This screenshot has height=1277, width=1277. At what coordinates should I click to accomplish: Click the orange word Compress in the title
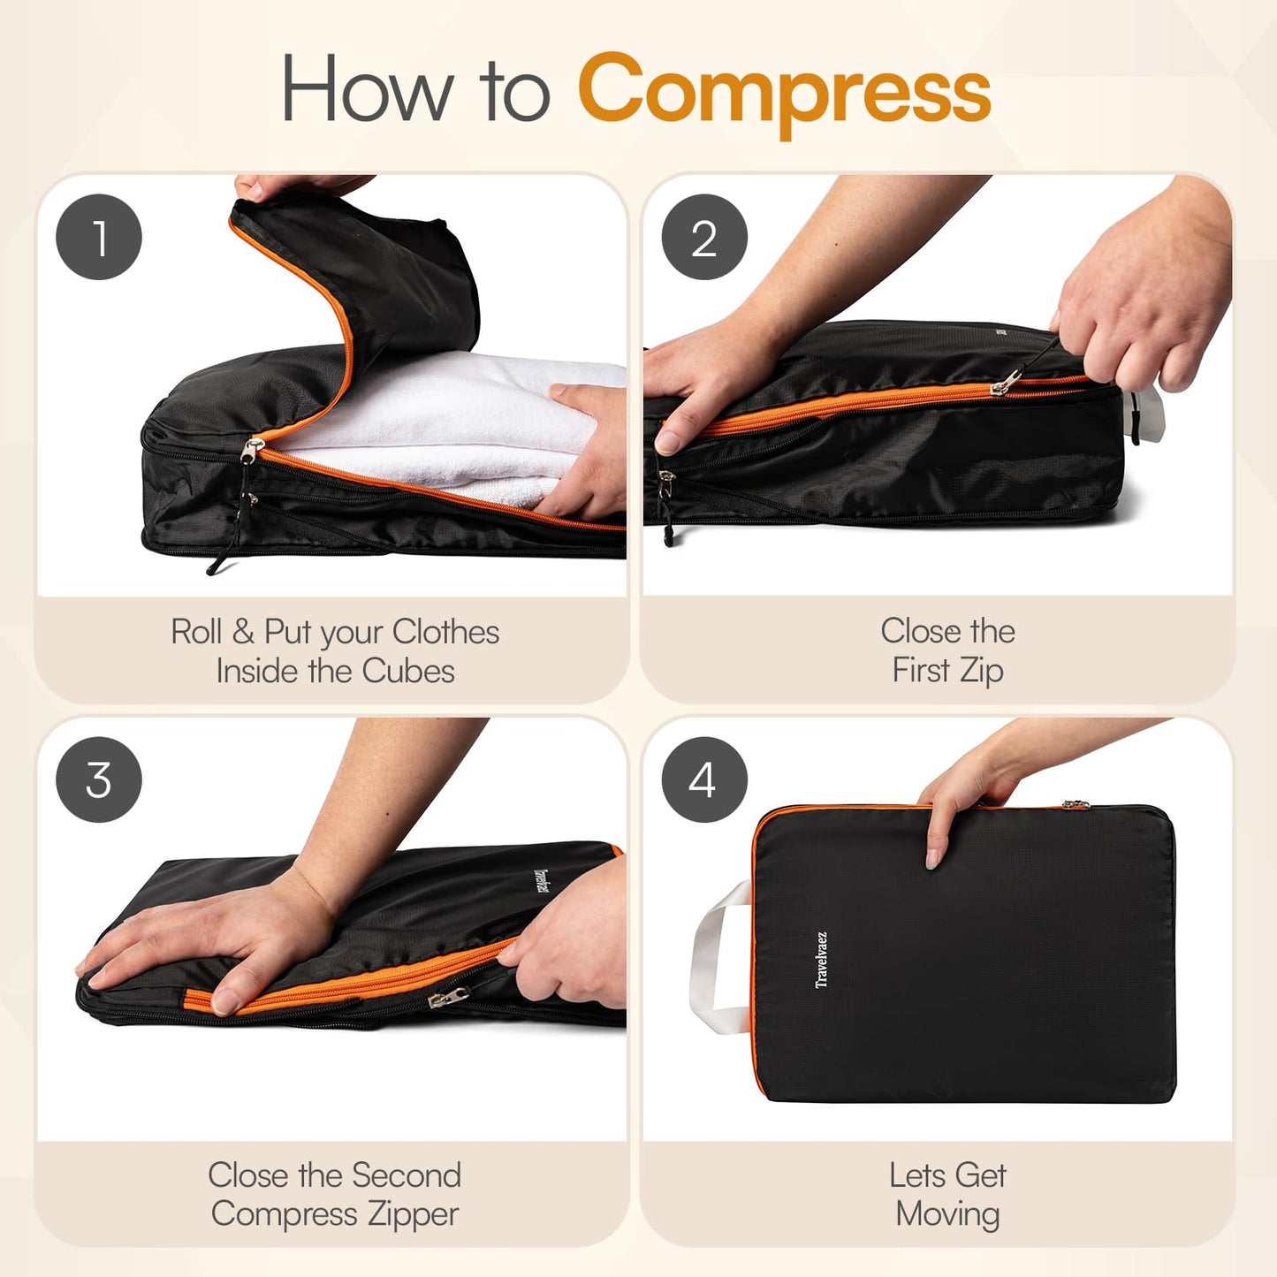(x=784, y=92)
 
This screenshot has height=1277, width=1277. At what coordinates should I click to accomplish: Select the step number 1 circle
(x=99, y=237)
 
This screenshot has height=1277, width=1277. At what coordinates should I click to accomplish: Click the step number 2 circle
(x=704, y=237)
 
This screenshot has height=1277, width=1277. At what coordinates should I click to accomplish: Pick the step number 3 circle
(x=99, y=779)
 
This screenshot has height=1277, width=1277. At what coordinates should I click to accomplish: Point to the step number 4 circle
(x=704, y=779)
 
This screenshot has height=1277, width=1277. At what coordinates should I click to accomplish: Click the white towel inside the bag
(x=442, y=415)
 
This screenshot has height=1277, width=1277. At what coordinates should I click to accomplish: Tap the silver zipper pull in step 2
(x=1005, y=383)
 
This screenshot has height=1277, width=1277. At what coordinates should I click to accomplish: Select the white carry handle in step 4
(x=711, y=959)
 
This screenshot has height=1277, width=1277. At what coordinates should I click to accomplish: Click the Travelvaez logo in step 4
(x=821, y=959)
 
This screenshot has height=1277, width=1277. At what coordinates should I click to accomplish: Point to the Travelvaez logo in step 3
(x=541, y=882)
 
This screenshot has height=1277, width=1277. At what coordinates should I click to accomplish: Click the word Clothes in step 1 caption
(x=445, y=632)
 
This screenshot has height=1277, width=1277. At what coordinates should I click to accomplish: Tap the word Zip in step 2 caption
(x=981, y=671)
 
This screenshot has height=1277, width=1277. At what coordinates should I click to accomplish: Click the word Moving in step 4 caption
(x=947, y=1214)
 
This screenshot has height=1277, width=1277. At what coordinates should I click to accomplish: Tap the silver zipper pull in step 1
(x=252, y=451)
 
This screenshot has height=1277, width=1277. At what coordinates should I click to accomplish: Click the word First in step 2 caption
(x=920, y=671)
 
